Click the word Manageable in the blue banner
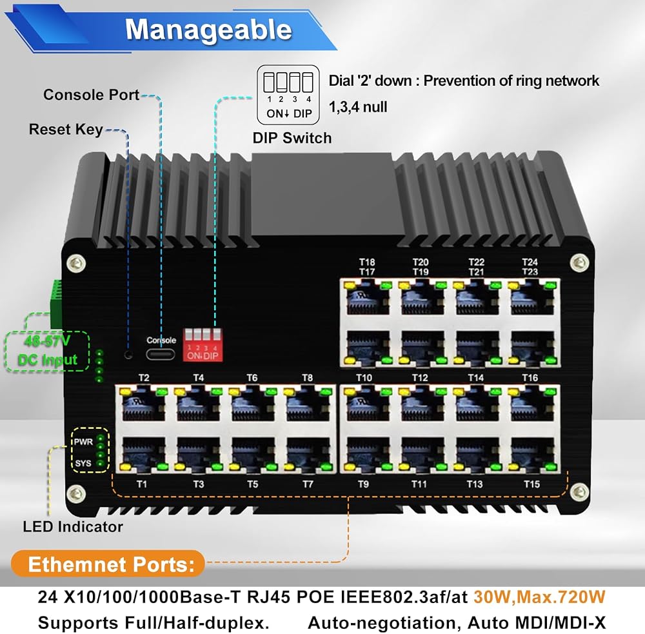tap(208, 30)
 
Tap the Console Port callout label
tap(92, 95)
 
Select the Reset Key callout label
tap(66, 129)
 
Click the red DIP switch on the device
tap(203, 345)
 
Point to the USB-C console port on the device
tap(160, 354)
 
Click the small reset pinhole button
tap(129, 354)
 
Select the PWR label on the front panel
tap(83, 442)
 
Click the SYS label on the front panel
tap(83, 463)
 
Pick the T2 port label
tap(144, 378)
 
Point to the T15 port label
tap(531, 484)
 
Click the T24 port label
tap(530, 262)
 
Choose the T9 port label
tap(362, 484)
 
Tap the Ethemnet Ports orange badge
tap(108, 564)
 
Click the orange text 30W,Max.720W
tap(539, 597)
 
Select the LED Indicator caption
tap(73, 527)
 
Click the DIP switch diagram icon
tap(288, 95)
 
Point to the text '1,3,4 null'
tap(358, 107)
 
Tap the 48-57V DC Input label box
tap(47, 352)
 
